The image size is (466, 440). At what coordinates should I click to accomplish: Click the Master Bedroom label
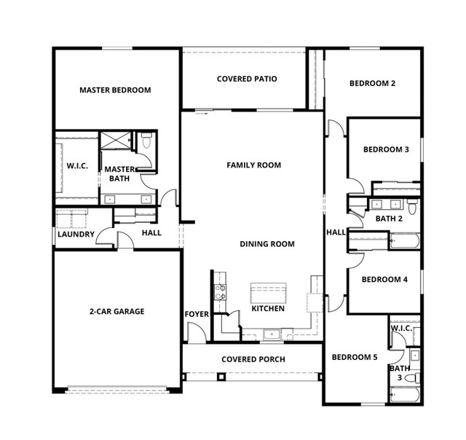115,90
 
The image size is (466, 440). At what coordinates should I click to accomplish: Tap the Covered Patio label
247,79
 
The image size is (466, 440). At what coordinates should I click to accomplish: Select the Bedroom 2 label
372,83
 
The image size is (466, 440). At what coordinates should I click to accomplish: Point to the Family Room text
254,165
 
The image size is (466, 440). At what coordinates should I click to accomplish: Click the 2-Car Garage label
116,311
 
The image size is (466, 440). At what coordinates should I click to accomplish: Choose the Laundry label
76,235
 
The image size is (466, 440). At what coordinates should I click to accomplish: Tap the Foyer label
197,314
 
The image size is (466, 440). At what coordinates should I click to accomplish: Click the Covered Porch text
253,359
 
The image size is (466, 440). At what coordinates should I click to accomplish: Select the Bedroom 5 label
355,357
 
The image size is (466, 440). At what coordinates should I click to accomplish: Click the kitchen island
269,293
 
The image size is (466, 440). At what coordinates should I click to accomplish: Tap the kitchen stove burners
220,292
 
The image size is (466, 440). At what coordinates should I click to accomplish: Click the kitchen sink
272,334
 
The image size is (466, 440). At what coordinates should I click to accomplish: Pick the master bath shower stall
116,141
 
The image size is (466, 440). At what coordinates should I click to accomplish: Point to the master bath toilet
146,141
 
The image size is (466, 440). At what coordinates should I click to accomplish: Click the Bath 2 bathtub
405,241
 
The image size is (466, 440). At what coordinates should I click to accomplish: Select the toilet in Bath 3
413,378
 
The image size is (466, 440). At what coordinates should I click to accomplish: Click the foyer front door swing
197,332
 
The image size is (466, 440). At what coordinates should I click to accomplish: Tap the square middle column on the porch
221,377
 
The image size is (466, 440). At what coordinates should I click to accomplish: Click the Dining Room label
267,244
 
